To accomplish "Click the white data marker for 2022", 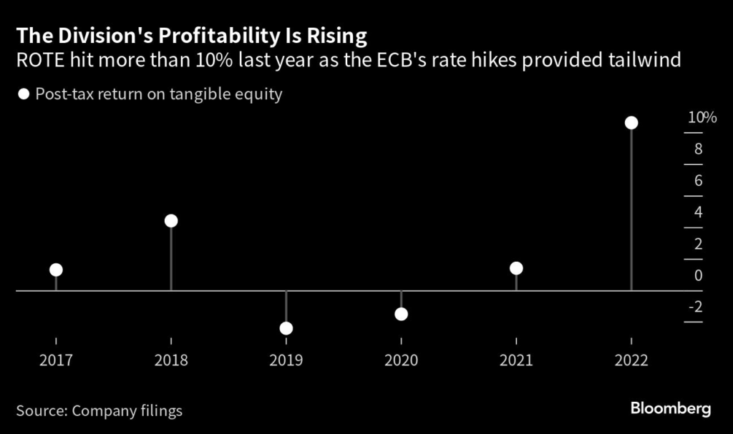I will [631, 123].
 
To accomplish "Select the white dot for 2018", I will [171, 221].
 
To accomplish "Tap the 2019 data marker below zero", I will [286, 328].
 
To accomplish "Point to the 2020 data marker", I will [401, 314].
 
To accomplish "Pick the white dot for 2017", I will [56, 270].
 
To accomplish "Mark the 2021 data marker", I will [516, 268].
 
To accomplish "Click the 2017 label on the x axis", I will [56, 360].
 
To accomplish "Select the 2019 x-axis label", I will [286, 360].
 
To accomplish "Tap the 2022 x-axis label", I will [631, 360].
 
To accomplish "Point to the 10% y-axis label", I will [702, 118].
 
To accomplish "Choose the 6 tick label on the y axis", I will [697, 181].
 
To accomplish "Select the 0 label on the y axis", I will [697, 275].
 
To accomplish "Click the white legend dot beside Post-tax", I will [24, 94].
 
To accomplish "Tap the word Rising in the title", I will [338, 36].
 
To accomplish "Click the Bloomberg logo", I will [670, 409].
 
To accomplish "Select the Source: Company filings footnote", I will [99, 411].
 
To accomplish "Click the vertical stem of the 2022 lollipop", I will [631, 214].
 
